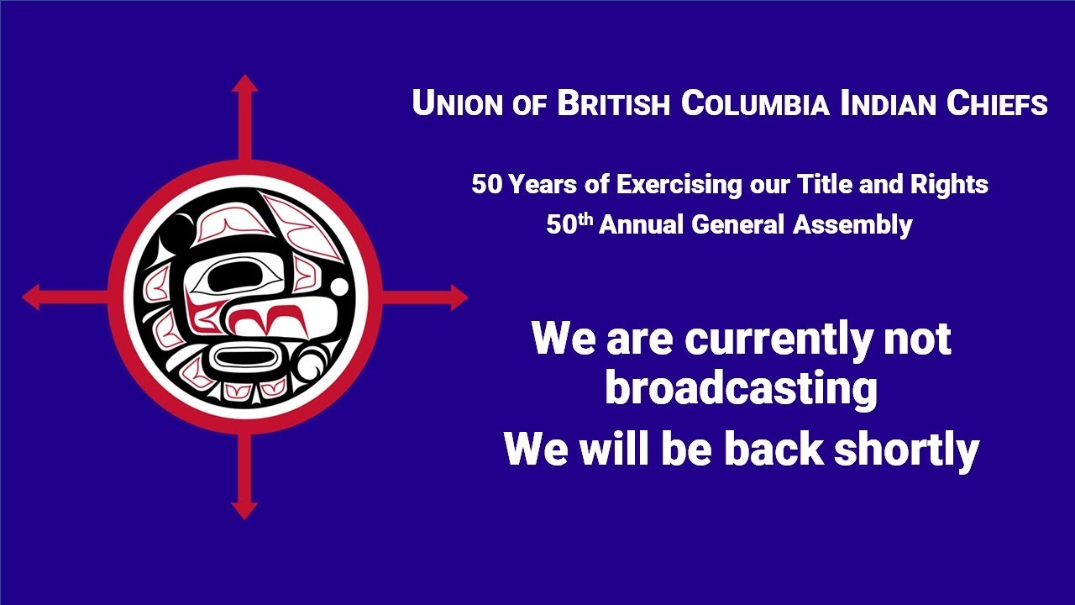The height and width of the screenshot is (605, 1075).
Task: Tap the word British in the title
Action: pos(615,103)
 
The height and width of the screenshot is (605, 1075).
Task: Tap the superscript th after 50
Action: pos(585,218)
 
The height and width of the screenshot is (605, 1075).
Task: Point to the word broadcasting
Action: pos(741,389)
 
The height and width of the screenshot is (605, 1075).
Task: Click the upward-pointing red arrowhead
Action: pos(244,83)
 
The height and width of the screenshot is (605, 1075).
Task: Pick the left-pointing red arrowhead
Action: pos(31,297)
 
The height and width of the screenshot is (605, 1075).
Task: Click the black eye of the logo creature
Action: pos(233,274)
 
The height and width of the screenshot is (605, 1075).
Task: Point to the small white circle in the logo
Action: pos(339,287)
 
